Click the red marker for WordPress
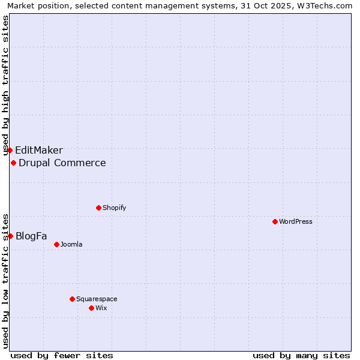275,221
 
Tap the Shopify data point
98,208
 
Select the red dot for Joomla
56,244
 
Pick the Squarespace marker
72,299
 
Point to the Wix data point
91,308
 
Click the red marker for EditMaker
10,150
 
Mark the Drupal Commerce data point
13,163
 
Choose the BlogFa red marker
10,236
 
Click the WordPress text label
296,221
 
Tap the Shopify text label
114,208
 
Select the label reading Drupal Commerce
62,163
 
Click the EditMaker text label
39,151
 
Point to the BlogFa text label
31,236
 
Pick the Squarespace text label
97,299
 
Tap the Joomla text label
71,244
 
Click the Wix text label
101,308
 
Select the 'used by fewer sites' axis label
62,355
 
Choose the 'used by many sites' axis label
301,355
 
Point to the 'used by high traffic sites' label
6,85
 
